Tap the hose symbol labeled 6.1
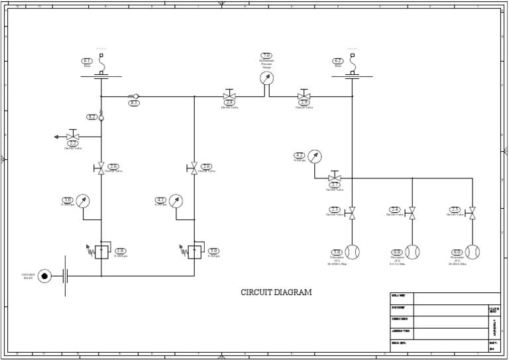pos(101,67)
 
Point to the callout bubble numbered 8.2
pos(92,117)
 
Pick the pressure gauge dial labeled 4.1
pos(176,200)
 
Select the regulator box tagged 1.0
pos(101,252)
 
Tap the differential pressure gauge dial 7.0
pos(266,78)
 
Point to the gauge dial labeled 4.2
pos(315,156)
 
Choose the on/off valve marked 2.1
pos(335,178)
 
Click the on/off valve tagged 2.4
pos(412,213)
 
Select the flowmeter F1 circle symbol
pos(353,252)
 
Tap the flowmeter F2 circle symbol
pos(412,252)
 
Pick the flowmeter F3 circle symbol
pos(472,252)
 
